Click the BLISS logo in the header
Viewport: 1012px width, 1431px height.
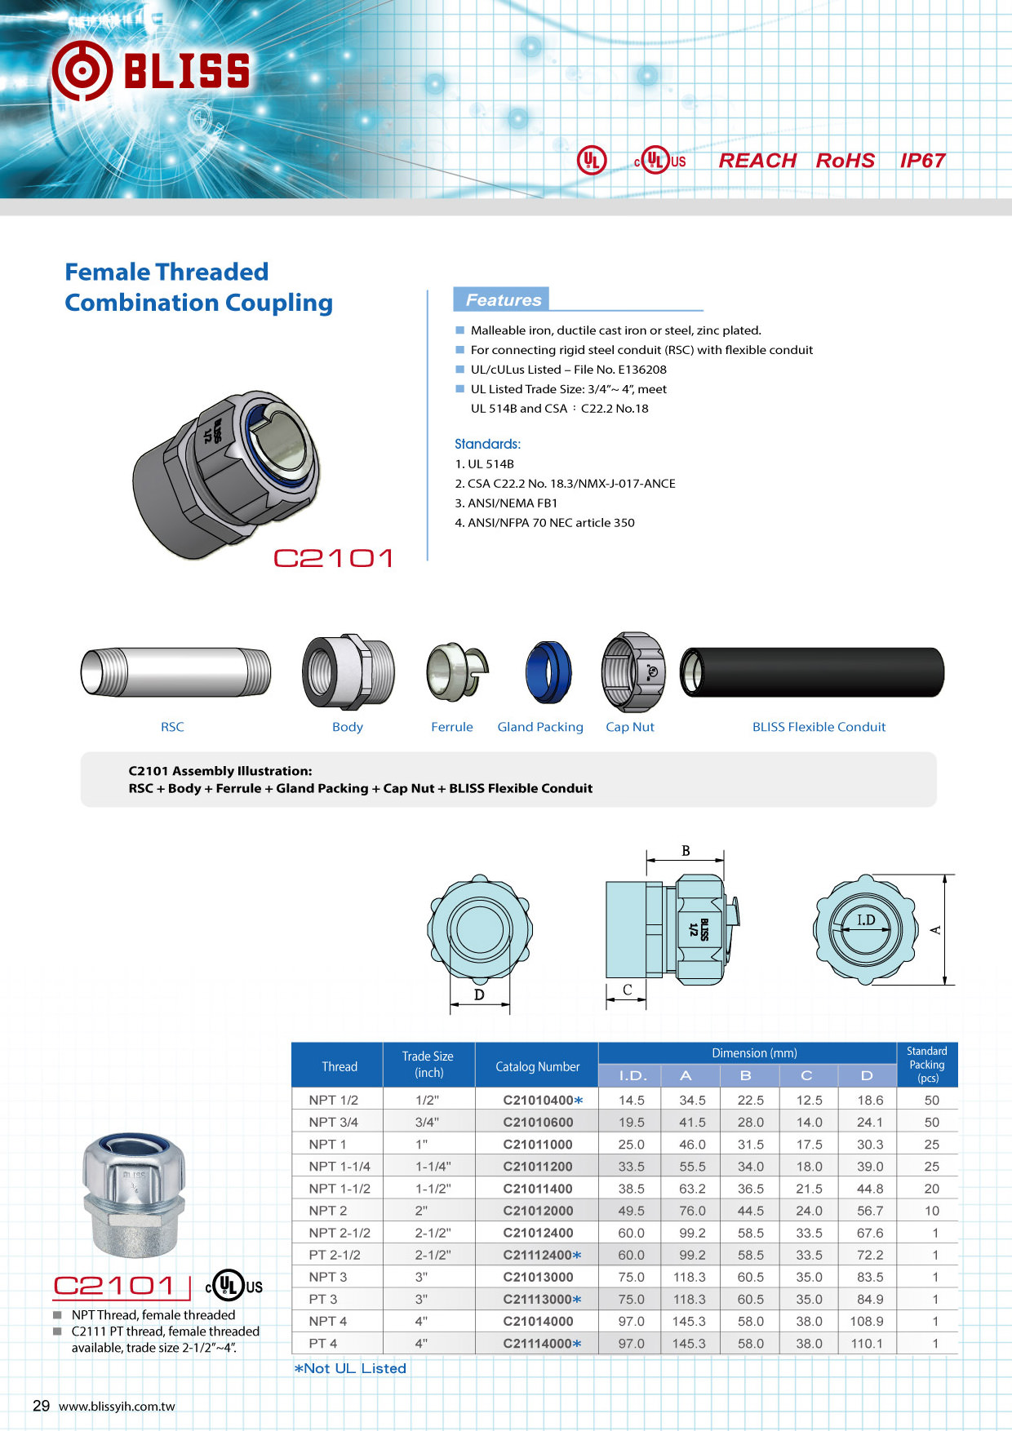[151, 71]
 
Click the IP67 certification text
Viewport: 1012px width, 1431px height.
[922, 161]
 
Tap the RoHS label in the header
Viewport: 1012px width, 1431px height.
[846, 161]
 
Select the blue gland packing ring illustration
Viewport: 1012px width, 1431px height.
[548, 671]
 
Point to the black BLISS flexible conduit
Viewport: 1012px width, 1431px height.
[812, 672]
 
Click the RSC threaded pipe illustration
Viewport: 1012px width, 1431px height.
[175, 672]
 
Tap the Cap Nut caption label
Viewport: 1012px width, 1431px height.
[630, 727]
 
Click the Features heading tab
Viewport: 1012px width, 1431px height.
[503, 300]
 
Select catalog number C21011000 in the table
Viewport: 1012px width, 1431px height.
[538, 1145]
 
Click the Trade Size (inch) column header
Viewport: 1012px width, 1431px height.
[428, 1065]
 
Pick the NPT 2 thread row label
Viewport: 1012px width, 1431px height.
[328, 1211]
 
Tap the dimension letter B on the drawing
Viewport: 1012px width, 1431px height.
[686, 851]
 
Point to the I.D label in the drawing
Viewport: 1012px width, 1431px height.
[866, 920]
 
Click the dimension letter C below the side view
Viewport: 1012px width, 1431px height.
[627, 990]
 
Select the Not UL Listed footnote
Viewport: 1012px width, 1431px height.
[350, 1368]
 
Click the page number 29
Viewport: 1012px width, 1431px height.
[41, 1406]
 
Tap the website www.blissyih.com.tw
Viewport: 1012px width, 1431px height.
[117, 1407]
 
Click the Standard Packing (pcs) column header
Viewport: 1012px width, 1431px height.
[926, 1065]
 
